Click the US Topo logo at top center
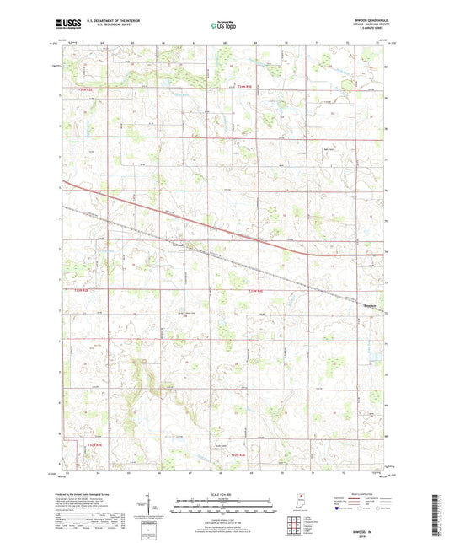click(x=222, y=26)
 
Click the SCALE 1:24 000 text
click(x=223, y=492)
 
